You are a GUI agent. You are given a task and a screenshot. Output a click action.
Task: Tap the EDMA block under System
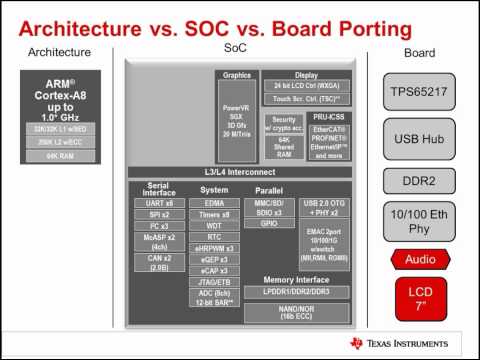pyautogui.click(x=213, y=203)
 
